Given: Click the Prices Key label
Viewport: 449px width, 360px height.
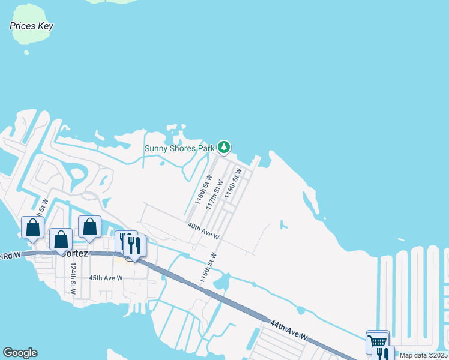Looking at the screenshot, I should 32,26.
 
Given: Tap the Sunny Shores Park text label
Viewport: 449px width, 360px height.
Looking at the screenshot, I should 180,148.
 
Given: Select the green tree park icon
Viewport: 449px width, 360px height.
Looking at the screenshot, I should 224,146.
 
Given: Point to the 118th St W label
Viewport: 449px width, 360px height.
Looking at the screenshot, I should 203,190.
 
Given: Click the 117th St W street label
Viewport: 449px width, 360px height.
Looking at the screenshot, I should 214,194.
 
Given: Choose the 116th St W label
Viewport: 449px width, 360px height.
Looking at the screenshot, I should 233,183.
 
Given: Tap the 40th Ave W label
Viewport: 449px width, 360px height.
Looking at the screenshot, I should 203,232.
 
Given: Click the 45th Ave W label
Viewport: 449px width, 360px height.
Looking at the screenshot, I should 106,278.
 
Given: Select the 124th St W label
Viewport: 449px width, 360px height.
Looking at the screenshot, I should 73,278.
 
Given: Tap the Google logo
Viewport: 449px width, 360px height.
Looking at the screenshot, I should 20,353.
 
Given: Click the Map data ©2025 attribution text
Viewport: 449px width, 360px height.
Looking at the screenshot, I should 423,355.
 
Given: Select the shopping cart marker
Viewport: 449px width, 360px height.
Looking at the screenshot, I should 378,341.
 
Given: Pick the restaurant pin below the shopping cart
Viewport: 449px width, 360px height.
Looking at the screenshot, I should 382,354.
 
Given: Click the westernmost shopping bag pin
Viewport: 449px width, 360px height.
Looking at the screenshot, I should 32,227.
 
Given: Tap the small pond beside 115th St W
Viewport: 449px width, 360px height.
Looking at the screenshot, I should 224,280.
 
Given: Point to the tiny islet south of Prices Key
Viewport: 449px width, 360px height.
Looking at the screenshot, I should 26,52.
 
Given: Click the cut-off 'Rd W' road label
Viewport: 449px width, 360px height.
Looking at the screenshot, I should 11,255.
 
